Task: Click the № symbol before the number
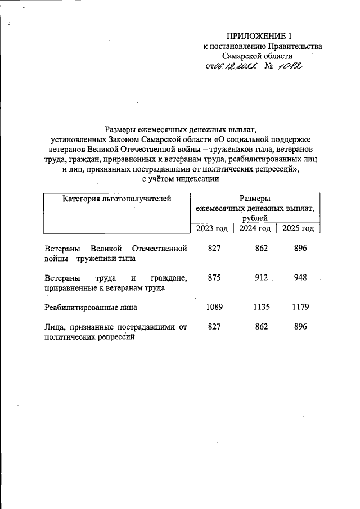(268, 67)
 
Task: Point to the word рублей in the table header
(255, 218)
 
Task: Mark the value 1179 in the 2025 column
(300, 307)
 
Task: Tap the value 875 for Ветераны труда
(214, 277)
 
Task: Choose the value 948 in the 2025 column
(300, 277)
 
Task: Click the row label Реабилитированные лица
(90, 308)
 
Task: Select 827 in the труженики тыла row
(214, 248)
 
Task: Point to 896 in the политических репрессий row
(300, 327)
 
